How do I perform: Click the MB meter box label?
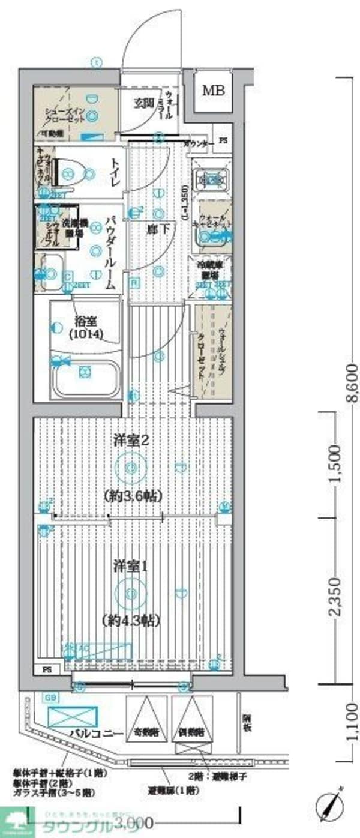click(213, 91)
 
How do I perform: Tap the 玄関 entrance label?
click(144, 103)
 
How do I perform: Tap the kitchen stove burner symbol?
click(211, 179)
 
